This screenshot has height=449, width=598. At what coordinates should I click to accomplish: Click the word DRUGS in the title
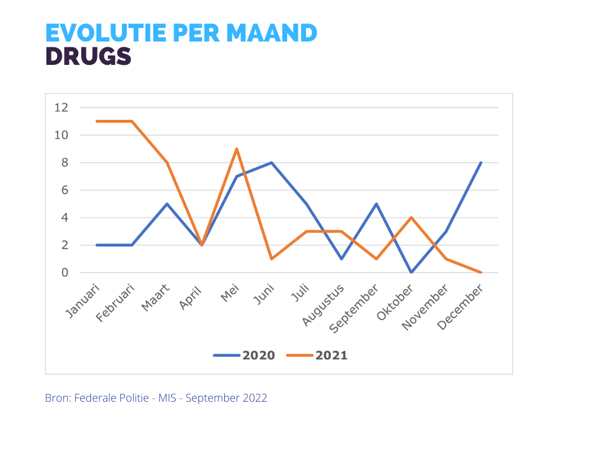(88, 56)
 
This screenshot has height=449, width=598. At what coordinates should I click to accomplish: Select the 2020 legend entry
(244, 355)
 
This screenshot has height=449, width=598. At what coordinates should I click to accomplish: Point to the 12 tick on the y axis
(61, 108)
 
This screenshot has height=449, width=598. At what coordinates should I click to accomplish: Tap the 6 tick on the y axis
(65, 190)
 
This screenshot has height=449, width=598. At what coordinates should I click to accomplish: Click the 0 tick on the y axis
(65, 272)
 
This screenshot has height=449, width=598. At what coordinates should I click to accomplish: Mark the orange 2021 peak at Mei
(237, 149)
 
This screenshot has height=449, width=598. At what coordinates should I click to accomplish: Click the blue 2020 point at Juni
(272, 163)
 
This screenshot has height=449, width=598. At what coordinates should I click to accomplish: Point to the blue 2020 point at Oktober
(411, 272)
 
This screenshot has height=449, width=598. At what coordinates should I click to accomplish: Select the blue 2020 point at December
(481, 163)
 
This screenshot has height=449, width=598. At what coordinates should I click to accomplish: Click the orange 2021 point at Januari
(97, 121)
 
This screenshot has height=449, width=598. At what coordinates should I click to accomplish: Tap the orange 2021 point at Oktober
(411, 217)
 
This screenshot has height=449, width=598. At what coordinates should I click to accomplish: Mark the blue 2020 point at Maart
(167, 204)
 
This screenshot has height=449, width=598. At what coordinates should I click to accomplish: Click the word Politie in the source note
(135, 398)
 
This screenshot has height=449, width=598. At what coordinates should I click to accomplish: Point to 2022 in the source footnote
(256, 398)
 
